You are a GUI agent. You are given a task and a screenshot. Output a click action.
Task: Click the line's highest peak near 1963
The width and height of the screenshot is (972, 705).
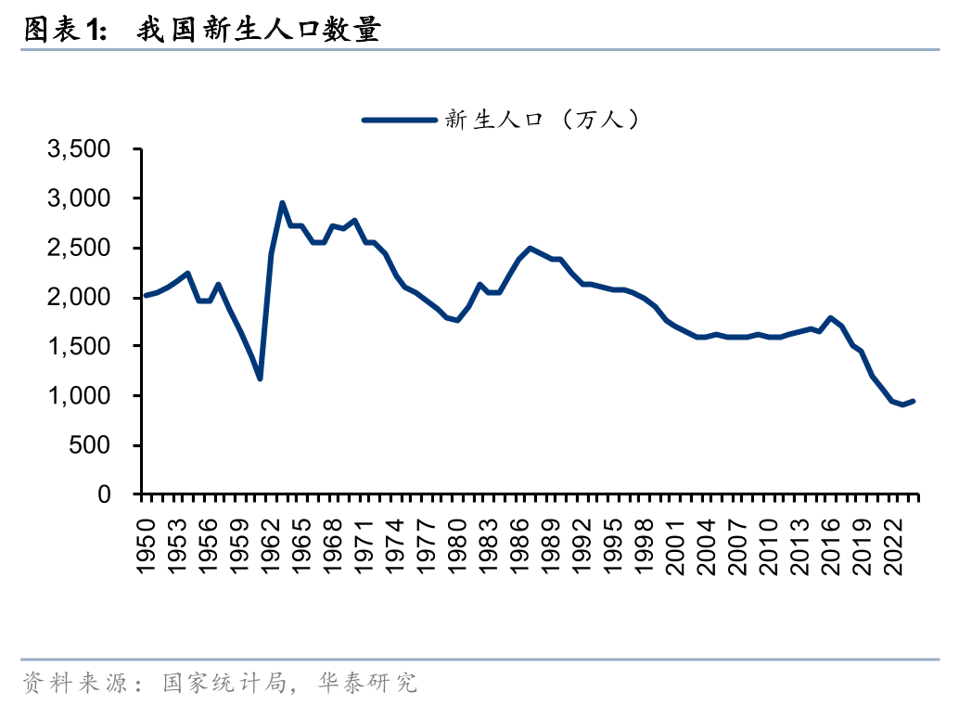(x=282, y=203)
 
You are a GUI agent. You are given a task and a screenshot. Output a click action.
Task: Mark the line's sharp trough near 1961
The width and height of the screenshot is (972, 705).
(x=260, y=378)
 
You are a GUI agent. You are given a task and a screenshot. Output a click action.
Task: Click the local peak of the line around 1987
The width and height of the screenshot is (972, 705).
(x=530, y=248)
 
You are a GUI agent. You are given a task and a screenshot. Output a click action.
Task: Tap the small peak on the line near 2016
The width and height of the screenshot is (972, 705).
(x=830, y=317)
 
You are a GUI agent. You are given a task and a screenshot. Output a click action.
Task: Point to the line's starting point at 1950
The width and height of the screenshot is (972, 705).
(x=146, y=296)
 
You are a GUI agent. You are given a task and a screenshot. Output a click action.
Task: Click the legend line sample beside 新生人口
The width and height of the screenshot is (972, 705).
(x=398, y=120)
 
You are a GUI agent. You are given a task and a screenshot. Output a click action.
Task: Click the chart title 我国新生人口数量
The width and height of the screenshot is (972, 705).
(x=259, y=30)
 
